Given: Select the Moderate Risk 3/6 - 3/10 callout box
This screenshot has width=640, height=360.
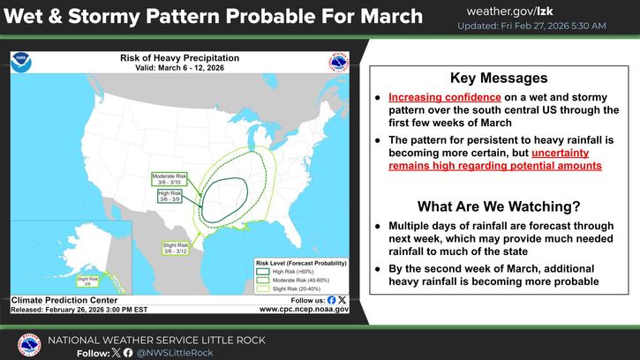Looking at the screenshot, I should click(169, 179).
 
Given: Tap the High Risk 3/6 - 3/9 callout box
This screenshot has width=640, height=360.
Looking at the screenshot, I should click(170, 197).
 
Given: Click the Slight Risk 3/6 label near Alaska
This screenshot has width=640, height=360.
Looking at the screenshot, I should click(86, 280).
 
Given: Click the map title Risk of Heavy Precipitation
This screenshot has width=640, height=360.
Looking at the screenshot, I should click(179, 56).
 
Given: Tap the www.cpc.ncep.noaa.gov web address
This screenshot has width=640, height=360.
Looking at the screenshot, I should click(305, 310).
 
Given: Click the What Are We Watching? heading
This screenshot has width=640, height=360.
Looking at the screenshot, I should click(498, 207).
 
